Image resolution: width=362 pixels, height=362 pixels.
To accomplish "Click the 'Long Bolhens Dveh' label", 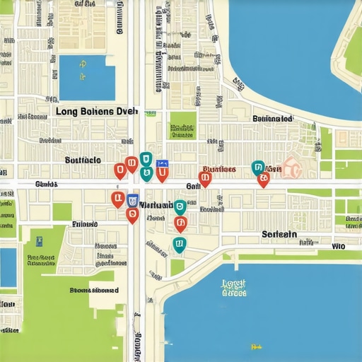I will point(96,112).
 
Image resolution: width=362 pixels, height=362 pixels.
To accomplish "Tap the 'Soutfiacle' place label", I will point(83,160).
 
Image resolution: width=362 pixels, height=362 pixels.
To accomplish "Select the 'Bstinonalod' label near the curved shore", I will point(272,119).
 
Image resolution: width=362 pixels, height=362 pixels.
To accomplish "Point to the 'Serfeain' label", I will point(279,234).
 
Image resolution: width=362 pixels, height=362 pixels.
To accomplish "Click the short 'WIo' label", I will point(339,247).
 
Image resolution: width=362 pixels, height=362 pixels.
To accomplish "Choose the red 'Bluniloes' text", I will point(218,170).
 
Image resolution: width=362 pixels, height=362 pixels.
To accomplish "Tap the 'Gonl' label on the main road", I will point(193,185).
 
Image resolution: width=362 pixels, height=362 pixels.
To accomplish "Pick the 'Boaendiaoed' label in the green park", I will point(94,290).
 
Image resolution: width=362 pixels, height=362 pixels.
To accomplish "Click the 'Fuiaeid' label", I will point(86,224).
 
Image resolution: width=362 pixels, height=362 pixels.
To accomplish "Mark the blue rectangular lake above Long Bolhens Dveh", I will point(87,78).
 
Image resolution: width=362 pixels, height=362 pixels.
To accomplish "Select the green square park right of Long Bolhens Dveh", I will point(183,125).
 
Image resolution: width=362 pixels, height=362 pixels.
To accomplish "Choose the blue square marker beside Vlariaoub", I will point(132,199).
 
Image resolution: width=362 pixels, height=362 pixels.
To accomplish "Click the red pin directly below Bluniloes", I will point(205,180).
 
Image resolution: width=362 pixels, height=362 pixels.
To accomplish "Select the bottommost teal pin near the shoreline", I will point(179,245).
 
